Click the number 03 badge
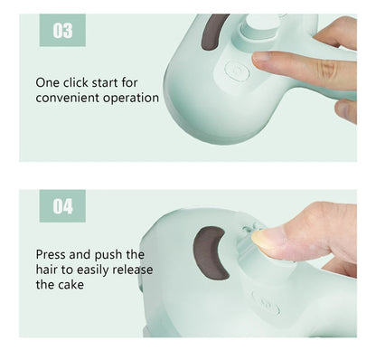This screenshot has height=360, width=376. click(x=63, y=32)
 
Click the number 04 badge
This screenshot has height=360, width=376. click(x=63, y=206)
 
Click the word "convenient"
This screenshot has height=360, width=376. click(x=69, y=98)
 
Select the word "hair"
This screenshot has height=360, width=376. click(x=50, y=269)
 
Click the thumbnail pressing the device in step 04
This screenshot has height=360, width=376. click(x=268, y=238)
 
